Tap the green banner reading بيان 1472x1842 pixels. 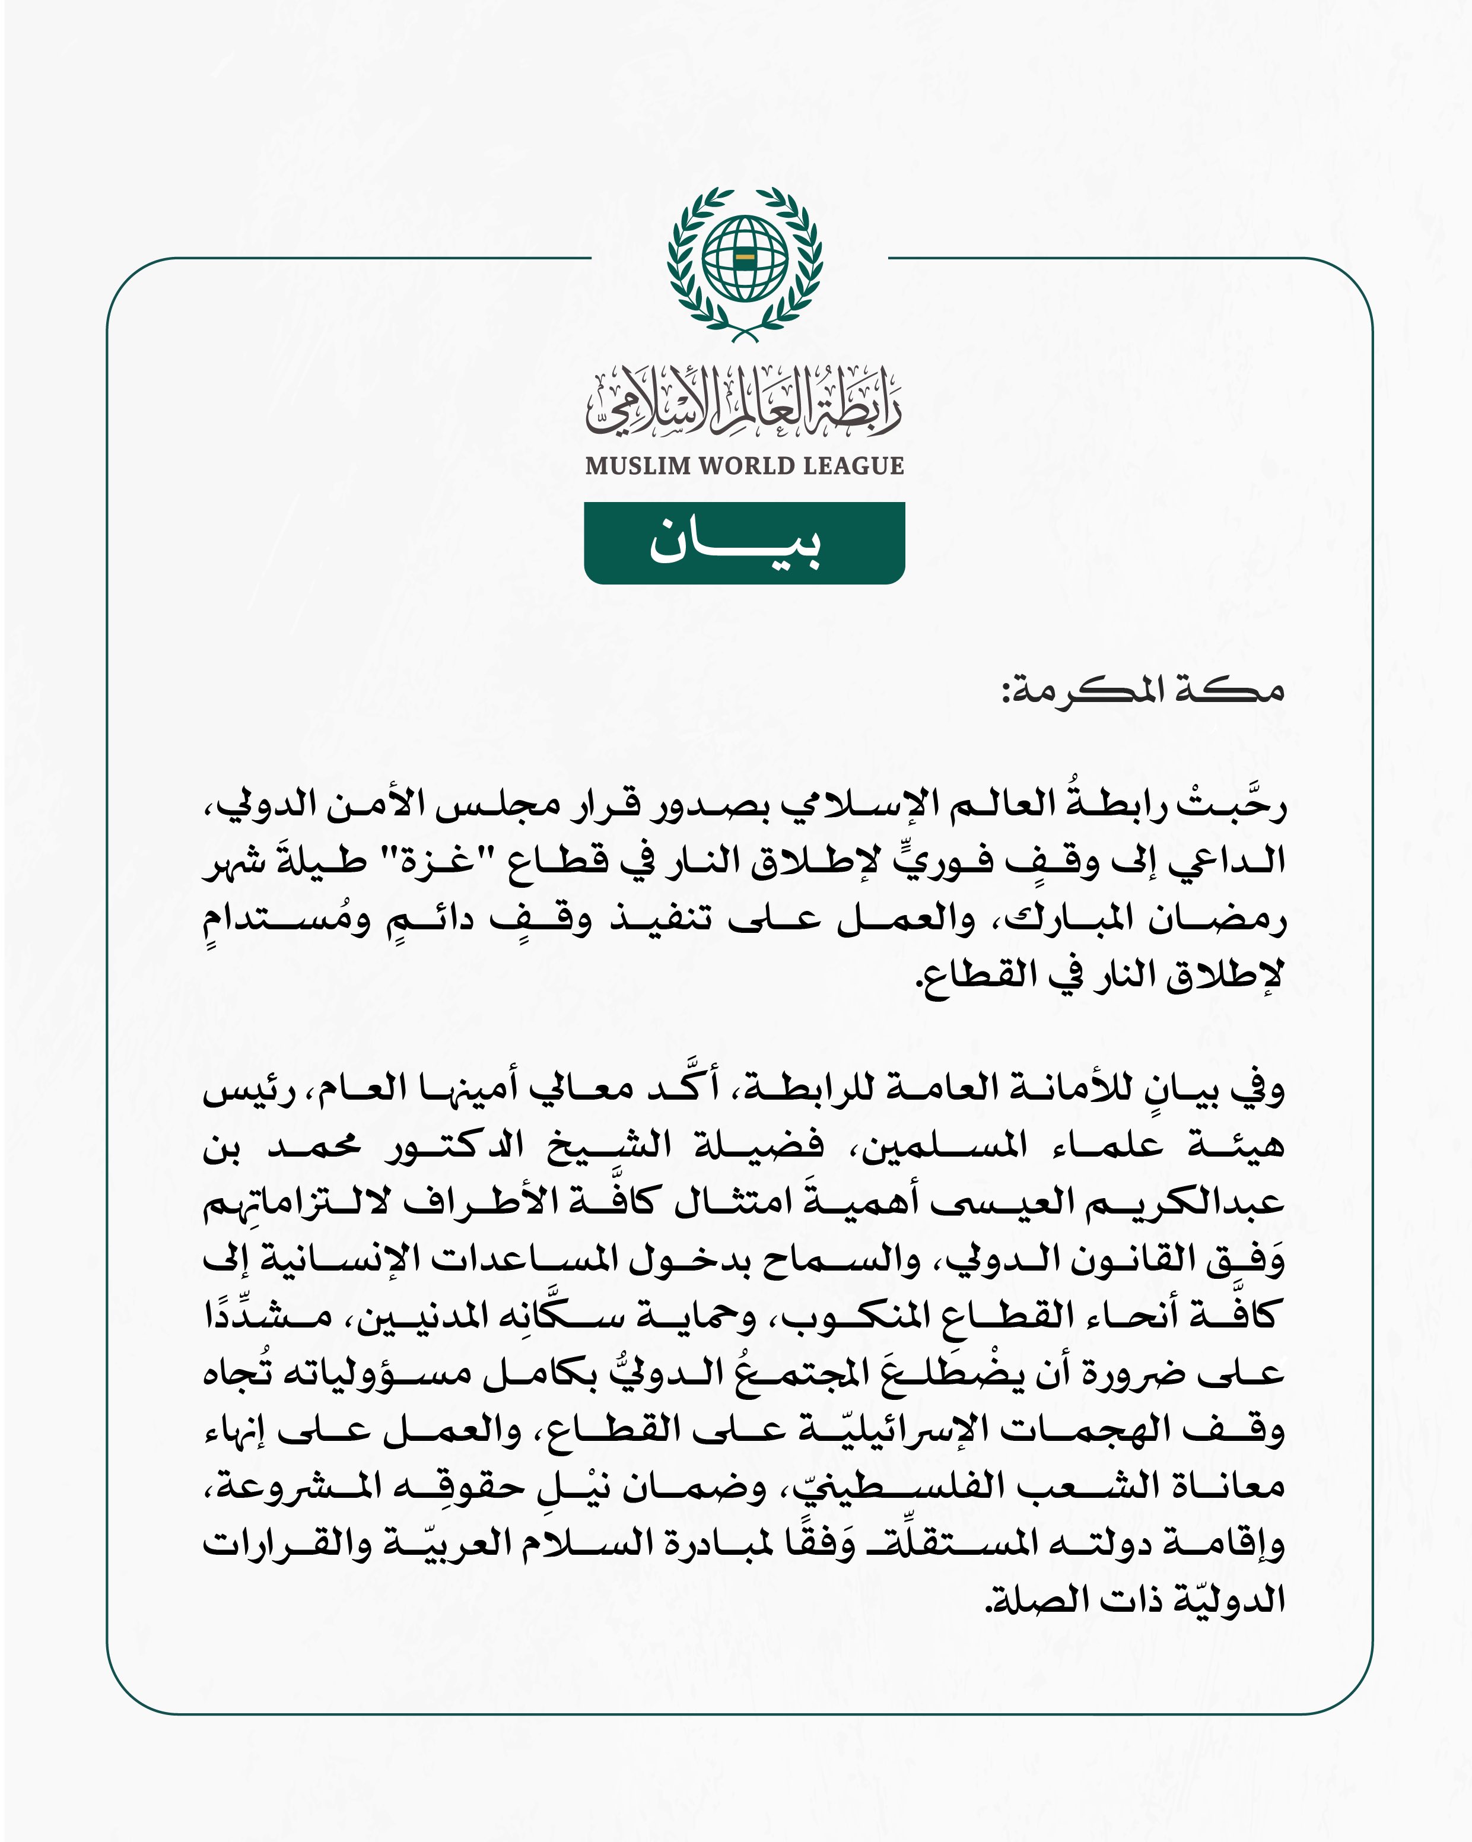[744, 544]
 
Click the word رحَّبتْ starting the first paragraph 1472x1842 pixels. [1235, 805]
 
